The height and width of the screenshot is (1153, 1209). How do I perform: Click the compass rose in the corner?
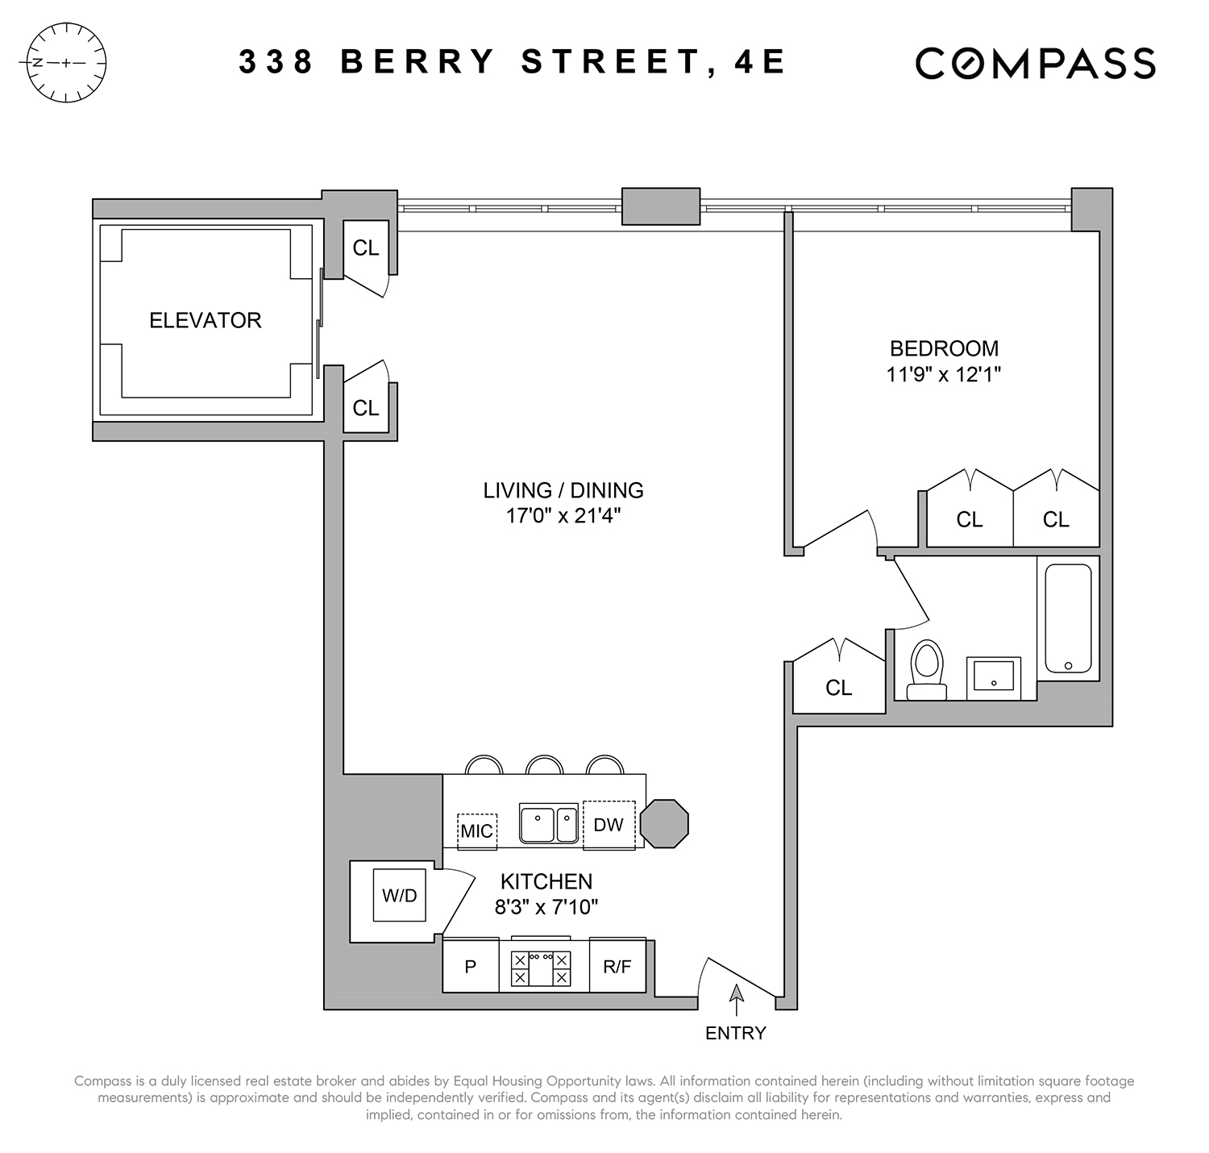(67, 63)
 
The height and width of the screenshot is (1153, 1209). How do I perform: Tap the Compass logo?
(1035, 64)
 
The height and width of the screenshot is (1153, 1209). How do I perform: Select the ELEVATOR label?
(206, 321)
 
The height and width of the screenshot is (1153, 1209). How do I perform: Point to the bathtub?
(1068, 618)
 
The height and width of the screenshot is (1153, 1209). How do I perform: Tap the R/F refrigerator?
(617, 966)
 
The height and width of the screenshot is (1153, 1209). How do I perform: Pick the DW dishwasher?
(609, 824)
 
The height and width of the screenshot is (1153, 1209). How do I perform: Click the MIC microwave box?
(476, 830)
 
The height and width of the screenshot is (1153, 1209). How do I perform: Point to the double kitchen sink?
(549, 823)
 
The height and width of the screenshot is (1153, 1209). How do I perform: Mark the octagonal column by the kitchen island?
(665, 824)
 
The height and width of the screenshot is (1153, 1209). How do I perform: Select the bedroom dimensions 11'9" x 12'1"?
(944, 374)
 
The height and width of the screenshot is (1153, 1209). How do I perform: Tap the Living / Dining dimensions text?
(563, 515)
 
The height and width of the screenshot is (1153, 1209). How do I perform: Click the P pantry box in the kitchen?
(471, 966)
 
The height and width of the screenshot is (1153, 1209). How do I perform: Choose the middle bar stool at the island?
(544, 765)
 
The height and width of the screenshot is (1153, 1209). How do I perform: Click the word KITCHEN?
(546, 881)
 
